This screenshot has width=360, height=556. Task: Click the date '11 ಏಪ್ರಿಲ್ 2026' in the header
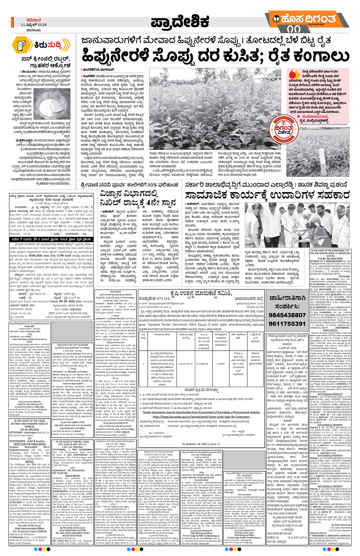click(x=34, y=25)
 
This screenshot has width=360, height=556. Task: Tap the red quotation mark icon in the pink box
click(x=294, y=74)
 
